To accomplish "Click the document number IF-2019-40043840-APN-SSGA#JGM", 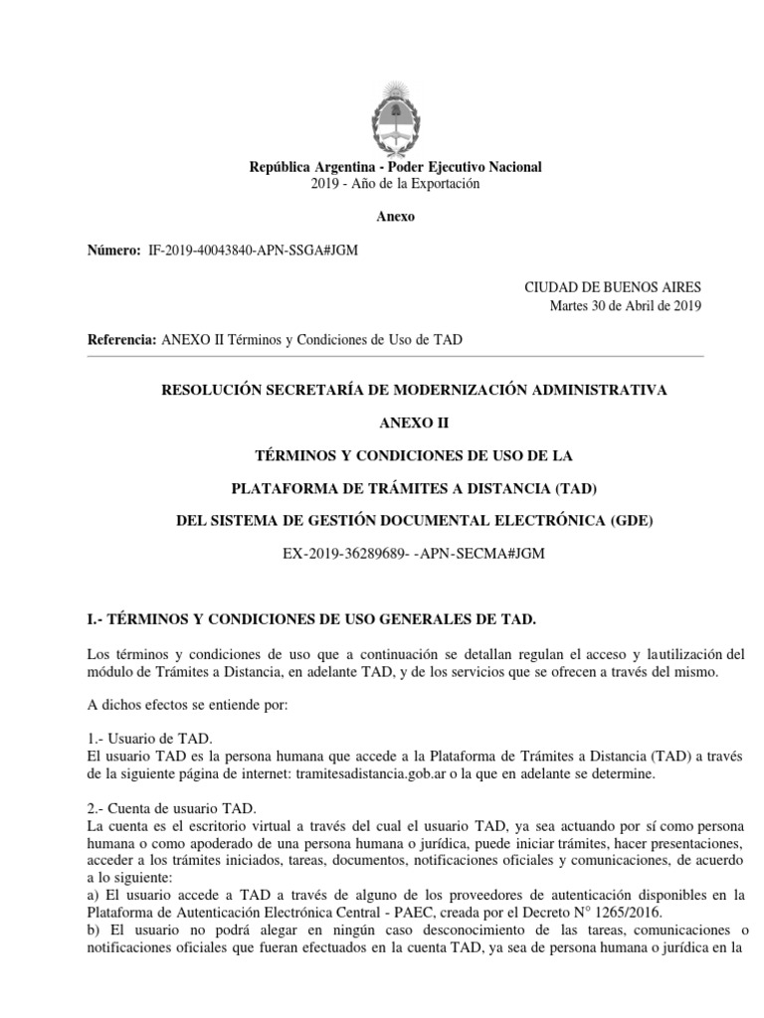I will [252, 253].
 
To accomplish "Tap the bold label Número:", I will [114, 253].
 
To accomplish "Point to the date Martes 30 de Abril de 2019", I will [626, 305].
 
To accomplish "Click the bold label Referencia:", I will [122, 340].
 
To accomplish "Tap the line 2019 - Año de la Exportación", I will [395, 184].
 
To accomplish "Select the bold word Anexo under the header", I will [395, 217].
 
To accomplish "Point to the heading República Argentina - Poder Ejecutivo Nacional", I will [395, 167].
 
